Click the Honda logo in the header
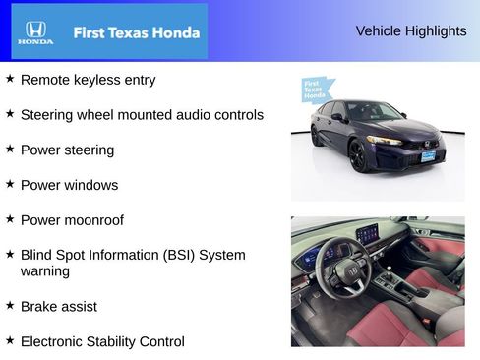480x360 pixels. click(34, 32)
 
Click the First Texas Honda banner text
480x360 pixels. click(136, 32)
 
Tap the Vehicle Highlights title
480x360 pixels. click(410, 31)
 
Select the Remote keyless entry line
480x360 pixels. click(88, 80)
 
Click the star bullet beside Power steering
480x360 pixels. click(10, 149)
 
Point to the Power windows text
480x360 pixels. click(69, 185)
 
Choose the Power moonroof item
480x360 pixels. click(72, 220)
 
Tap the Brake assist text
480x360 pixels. click(58, 306)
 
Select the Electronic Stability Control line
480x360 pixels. click(102, 341)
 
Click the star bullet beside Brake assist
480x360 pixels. click(10, 305)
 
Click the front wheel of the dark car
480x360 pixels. click(359, 155)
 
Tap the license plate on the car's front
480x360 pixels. click(428, 155)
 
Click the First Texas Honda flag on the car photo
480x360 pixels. click(314, 90)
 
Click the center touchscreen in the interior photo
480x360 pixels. click(366, 235)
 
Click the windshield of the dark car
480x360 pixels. click(370, 111)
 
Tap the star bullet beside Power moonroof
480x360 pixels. click(10, 219)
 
